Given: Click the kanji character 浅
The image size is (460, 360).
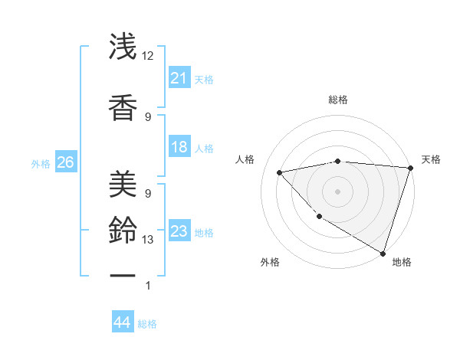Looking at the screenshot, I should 123,47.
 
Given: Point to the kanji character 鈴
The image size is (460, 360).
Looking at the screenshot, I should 123,230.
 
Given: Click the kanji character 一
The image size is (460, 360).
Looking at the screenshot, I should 123,273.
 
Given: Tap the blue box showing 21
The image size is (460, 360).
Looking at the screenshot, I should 179,78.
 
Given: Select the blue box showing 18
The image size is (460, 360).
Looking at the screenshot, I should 179,147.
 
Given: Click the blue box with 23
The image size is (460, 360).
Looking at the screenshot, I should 179,231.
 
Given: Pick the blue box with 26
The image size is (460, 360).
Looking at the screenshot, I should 65,162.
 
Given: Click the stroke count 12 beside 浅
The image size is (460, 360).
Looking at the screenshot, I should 148,56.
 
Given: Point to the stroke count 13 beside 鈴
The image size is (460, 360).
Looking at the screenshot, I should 148,240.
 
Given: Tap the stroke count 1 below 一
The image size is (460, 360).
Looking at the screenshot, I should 148,286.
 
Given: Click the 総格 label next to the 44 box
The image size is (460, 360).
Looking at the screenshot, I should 147,324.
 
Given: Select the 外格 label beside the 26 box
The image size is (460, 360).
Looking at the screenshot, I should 41,163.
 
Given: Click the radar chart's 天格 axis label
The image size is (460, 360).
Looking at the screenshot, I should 431,159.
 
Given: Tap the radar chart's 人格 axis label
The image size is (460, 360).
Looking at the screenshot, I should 245,159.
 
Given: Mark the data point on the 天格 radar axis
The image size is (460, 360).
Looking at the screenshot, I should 410,168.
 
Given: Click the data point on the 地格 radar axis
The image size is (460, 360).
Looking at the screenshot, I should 383,253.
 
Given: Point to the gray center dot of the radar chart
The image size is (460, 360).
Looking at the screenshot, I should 337,191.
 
